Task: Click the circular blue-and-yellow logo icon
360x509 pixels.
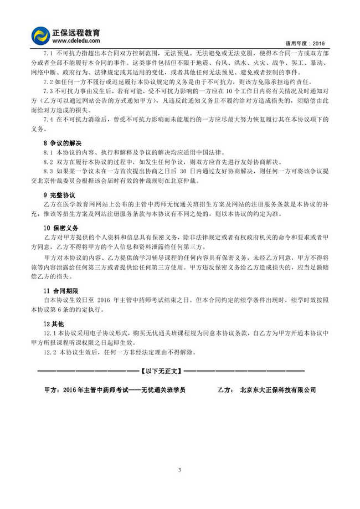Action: [40, 35]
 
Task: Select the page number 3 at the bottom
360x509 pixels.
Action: [180, 470]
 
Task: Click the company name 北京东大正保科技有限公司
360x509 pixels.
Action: [278, 390]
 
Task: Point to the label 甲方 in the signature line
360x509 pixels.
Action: [49, 390]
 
